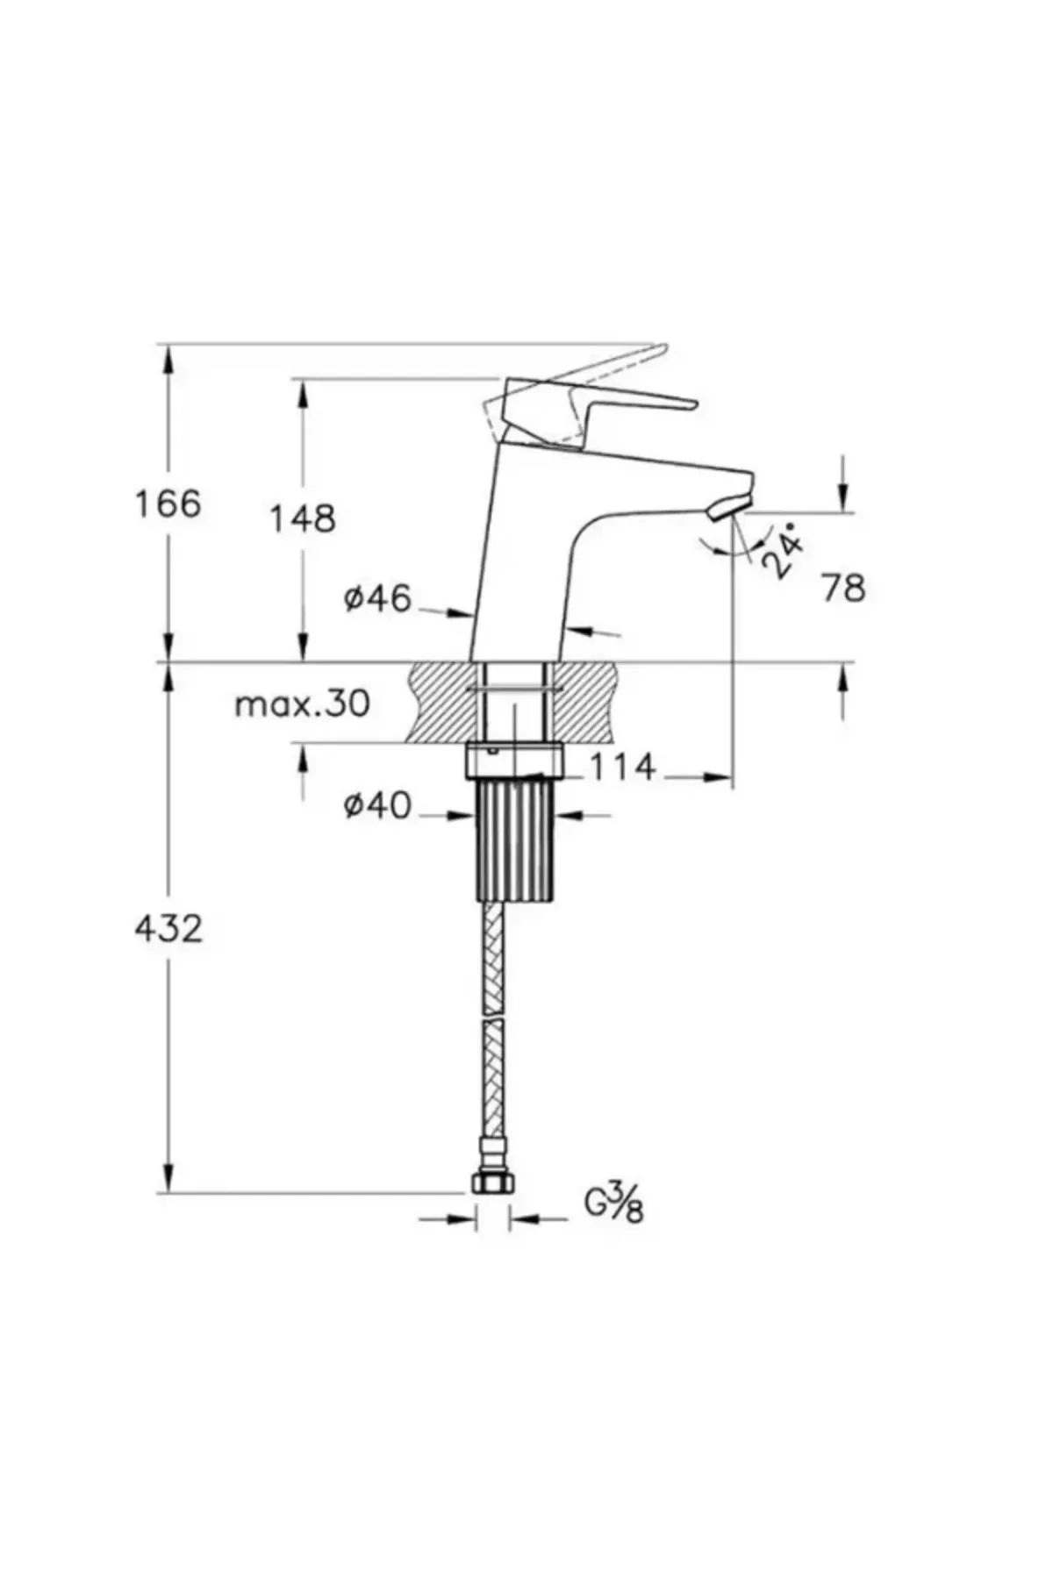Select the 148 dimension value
click(302, 518)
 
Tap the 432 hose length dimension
click(168, 928)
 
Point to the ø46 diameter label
click(377, 599)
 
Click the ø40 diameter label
click(377, 805)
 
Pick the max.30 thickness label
click(303, 704)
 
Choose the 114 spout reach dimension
click(622, 768)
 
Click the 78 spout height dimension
click(843, 588)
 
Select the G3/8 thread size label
click(614, 1203)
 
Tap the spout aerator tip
click(731, 506)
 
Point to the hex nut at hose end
click(491, 1182)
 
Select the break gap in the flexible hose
click(494, 1018)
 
